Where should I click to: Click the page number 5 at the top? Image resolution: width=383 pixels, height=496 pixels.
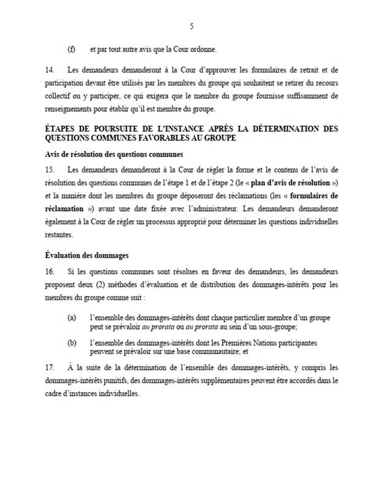click(191, 26)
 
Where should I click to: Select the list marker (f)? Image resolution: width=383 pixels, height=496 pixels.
click(71, 50)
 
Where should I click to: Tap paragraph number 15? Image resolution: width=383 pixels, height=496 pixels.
click(50, 169)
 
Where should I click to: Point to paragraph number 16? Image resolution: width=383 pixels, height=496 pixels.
click(50, 270)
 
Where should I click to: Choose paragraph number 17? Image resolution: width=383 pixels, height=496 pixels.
click(50, 368)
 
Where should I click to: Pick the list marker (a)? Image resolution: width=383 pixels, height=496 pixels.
click(71, 318)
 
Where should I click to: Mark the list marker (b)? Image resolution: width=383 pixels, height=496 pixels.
click(71, 342)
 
